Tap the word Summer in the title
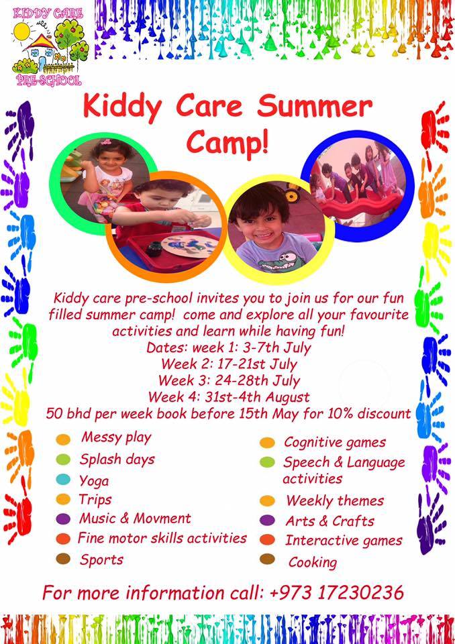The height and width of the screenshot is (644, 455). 315,107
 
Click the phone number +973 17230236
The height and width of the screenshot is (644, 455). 337,592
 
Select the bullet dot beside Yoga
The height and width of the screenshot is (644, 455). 63,479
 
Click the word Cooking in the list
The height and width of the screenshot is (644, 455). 312,562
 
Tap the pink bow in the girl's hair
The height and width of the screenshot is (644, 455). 106,142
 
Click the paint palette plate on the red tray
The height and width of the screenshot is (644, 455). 189,246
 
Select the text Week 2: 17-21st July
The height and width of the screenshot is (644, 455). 229,364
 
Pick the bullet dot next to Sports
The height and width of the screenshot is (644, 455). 63,559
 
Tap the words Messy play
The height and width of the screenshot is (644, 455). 116,437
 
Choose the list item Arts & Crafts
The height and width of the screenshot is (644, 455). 330,521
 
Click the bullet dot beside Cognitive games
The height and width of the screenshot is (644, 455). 267,442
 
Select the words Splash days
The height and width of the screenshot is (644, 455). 117,459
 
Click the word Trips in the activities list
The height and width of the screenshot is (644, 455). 95,499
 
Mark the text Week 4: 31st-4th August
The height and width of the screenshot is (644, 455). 229,397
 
